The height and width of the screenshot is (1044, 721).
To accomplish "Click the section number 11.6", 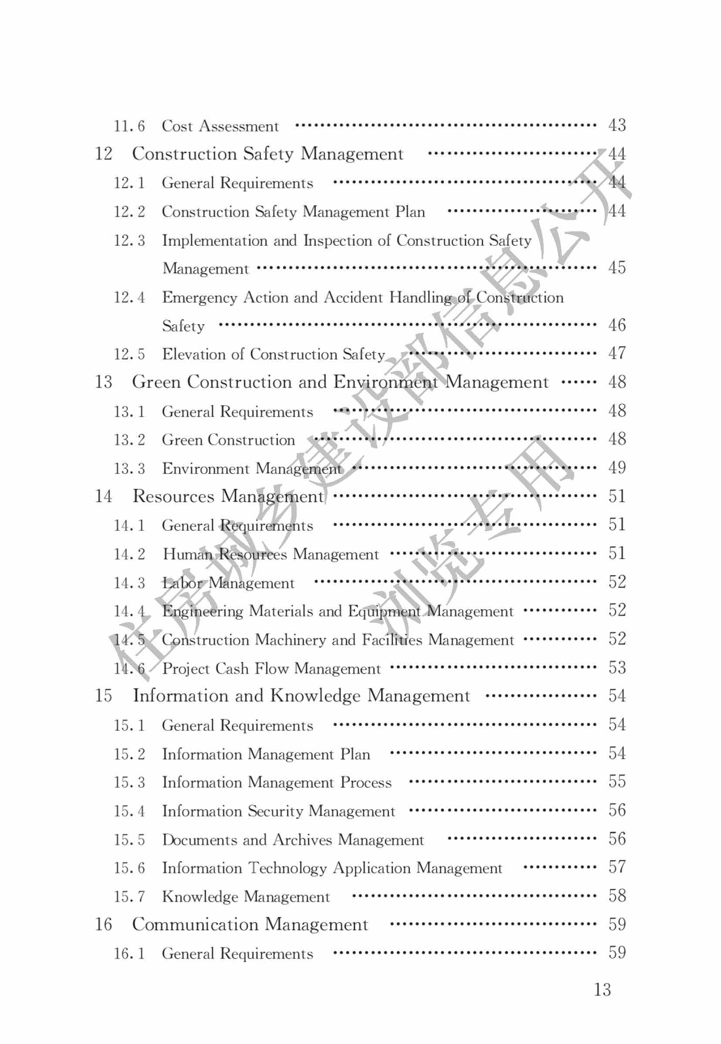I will (129, 126).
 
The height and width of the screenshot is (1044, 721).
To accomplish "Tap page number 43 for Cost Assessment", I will (616, 125).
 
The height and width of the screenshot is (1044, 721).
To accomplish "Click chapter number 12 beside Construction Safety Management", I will (103, 154).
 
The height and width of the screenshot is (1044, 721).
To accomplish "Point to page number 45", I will (616, 268).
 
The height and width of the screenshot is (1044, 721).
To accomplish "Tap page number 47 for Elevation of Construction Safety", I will (616, 353).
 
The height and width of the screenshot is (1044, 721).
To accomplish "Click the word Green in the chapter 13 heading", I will (156, 382).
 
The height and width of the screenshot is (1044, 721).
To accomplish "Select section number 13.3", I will (129, 468).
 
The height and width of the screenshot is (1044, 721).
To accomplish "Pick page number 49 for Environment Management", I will (616, 468).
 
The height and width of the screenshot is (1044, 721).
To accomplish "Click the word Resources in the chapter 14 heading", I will (173, 496).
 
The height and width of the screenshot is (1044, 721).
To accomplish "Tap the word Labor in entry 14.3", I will (183, 583).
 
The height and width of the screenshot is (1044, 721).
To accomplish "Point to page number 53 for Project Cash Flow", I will (616, 668).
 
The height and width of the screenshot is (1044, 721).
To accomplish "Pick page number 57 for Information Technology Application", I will (616, 867).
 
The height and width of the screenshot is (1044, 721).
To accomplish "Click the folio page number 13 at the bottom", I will (602, 990).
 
